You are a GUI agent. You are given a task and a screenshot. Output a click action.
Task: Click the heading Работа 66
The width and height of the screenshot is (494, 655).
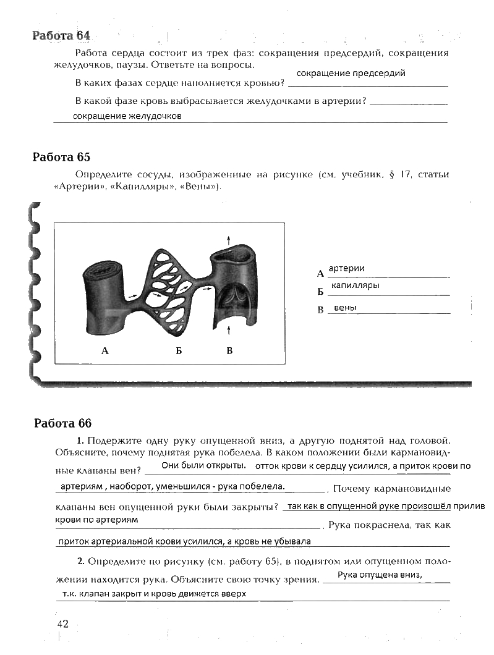click(62, 423)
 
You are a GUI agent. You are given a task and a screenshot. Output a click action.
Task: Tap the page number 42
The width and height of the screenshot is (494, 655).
click(63, 623)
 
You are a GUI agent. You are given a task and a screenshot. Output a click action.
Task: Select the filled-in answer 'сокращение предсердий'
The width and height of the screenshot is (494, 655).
click(351, 74)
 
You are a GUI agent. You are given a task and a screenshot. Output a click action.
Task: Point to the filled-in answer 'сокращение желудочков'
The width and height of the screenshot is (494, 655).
click(127, 116)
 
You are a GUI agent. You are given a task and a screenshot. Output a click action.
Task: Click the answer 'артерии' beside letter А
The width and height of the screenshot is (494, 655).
click(346, 268)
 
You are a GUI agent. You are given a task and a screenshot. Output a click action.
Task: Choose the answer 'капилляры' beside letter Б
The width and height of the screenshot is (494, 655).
click(355, 286)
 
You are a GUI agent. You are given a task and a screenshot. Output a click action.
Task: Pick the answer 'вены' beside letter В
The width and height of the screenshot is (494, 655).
click(345, 308)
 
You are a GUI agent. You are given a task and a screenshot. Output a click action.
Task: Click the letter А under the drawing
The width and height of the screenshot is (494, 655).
click(104, 351)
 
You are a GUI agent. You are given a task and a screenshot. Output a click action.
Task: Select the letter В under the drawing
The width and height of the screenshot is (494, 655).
click(229, 351)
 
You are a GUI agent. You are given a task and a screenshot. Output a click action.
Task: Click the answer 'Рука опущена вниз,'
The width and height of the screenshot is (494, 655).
click(380, 575)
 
